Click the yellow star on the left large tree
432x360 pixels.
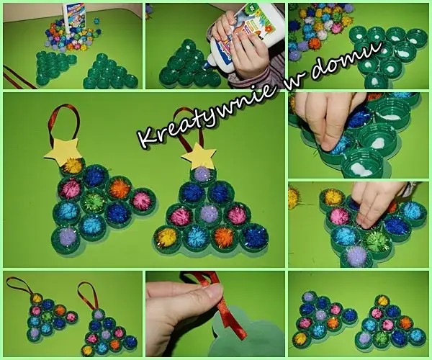click(61, 149)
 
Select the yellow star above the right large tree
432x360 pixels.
click(199, 155)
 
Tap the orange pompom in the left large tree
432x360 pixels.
click(120, 188)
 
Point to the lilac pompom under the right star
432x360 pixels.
click(202, 174)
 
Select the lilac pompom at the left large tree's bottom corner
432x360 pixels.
click(67, 236)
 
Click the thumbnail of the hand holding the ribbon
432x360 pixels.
click(215, 314)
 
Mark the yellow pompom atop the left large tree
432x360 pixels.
click(73, 166)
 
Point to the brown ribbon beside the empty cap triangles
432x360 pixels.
click(19, 76)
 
